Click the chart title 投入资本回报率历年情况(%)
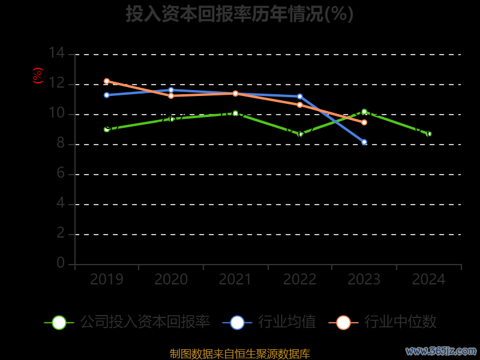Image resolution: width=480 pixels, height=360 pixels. click(239, 14)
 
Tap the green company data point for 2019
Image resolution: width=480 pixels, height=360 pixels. click(107, 129)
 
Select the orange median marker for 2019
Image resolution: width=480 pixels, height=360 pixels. click(107, 81)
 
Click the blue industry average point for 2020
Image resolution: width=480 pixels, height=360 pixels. click(171, 90)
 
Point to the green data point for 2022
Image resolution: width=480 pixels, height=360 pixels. click(301, 134)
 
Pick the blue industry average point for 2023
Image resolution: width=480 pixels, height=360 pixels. click(364, 142)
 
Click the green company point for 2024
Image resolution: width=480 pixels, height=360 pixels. click(429, 134)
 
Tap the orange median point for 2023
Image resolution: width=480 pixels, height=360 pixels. click(364, 122)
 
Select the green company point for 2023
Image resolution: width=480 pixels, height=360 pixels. click(364, 112)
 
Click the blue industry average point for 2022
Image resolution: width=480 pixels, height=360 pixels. click(300, 97)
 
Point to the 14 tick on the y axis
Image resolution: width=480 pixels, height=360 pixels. click(57, 53)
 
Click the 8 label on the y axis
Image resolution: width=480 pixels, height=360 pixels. click(61, 143)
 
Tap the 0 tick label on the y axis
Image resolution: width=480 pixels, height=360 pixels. click(61, 263)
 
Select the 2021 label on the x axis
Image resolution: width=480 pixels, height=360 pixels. click(235, 280)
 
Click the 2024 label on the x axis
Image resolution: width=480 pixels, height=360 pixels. click(429, 280)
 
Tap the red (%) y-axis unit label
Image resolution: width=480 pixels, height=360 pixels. click(38, 76)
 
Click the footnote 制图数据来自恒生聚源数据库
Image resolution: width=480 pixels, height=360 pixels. click(239, 353)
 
